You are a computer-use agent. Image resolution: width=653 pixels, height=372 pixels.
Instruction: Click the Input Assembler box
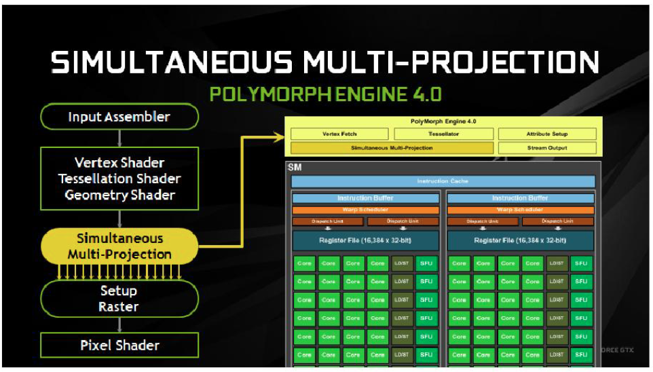119,117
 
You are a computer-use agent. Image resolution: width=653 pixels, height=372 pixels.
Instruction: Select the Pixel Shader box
119,345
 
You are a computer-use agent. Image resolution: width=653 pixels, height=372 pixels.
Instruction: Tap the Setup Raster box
119,299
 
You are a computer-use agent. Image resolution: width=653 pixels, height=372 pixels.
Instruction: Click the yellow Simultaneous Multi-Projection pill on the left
119,246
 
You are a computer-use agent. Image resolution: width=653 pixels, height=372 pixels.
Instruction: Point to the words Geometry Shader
119,196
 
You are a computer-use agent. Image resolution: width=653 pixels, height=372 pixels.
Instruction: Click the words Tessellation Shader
119,179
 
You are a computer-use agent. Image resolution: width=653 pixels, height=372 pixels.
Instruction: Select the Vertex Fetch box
339,134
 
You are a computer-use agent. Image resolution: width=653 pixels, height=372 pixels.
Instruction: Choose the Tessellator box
443,134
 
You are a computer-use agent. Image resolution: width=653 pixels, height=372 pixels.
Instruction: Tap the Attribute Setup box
546,134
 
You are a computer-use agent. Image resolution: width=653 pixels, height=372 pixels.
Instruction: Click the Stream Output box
546,147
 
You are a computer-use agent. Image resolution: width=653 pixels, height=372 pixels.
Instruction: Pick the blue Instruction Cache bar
443,181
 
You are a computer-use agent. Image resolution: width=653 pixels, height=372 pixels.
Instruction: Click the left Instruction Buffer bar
365,198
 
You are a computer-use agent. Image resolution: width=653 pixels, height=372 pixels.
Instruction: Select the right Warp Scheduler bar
519,210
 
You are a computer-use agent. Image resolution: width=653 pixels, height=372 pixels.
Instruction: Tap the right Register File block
519,240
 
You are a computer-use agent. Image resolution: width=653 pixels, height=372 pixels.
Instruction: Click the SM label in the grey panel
295,167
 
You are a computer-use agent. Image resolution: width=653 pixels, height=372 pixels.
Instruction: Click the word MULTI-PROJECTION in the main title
451,62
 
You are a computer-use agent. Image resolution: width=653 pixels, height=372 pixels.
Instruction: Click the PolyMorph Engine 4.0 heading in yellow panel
443,122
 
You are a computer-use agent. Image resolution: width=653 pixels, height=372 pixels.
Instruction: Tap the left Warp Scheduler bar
365,210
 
